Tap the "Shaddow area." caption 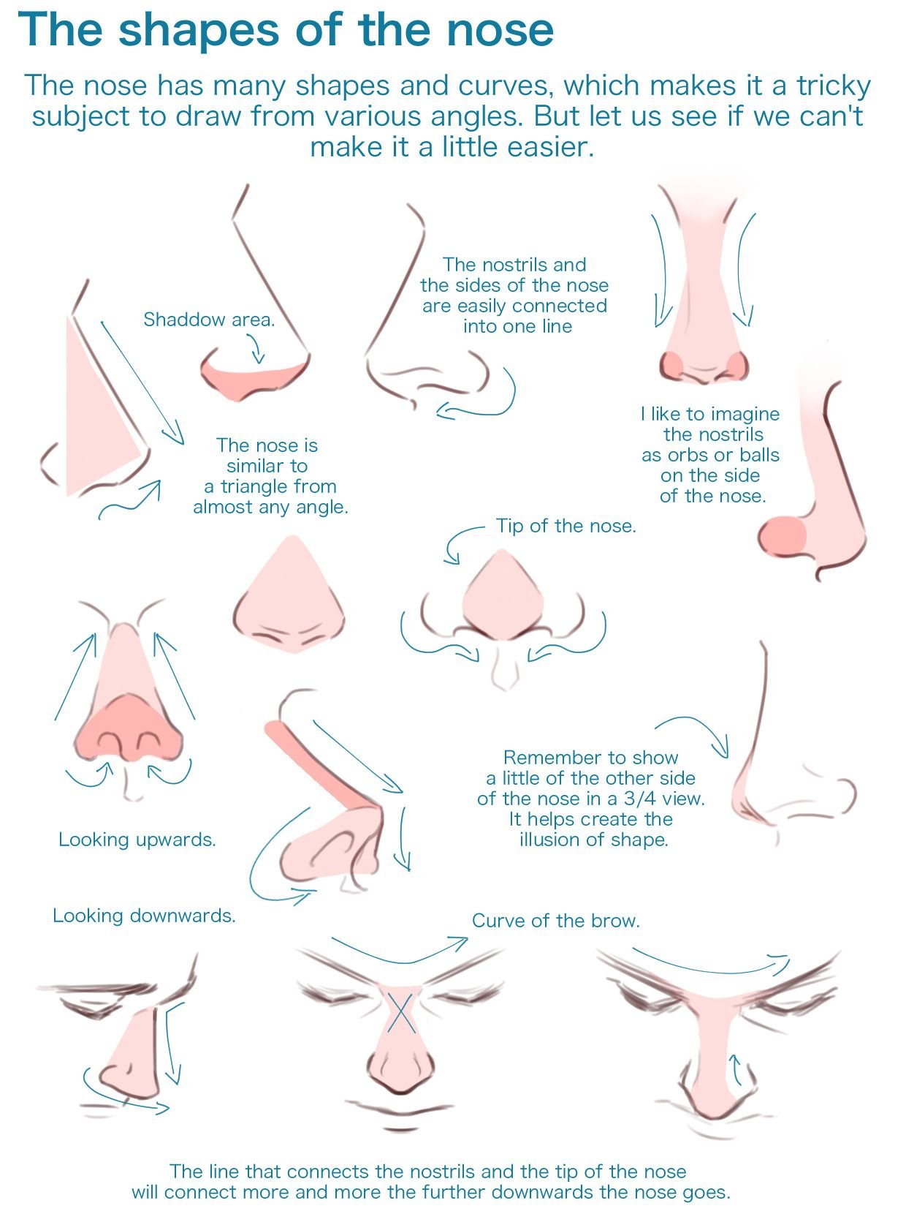[210, 319]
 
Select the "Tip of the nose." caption [566, 525]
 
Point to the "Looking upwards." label [137, 840]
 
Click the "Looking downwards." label [144, 916]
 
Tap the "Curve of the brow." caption [556, 920]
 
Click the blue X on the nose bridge [402, 1012]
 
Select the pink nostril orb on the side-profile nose [783, 535]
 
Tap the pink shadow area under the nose [253, 380]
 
